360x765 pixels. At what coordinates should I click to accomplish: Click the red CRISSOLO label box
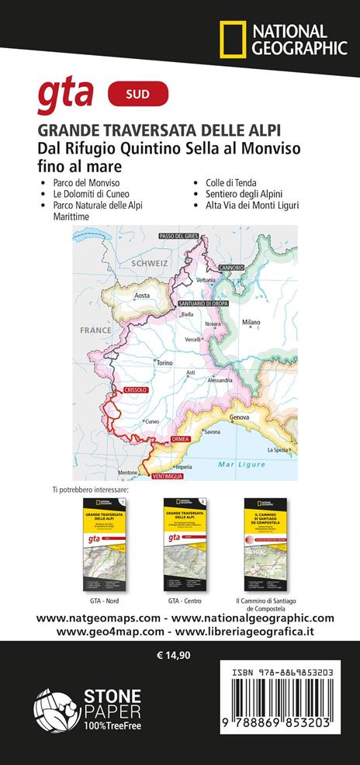[132, 390]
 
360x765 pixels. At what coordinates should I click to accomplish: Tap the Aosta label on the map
[141, 296]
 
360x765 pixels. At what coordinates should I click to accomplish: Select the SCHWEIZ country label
[150, 264]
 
